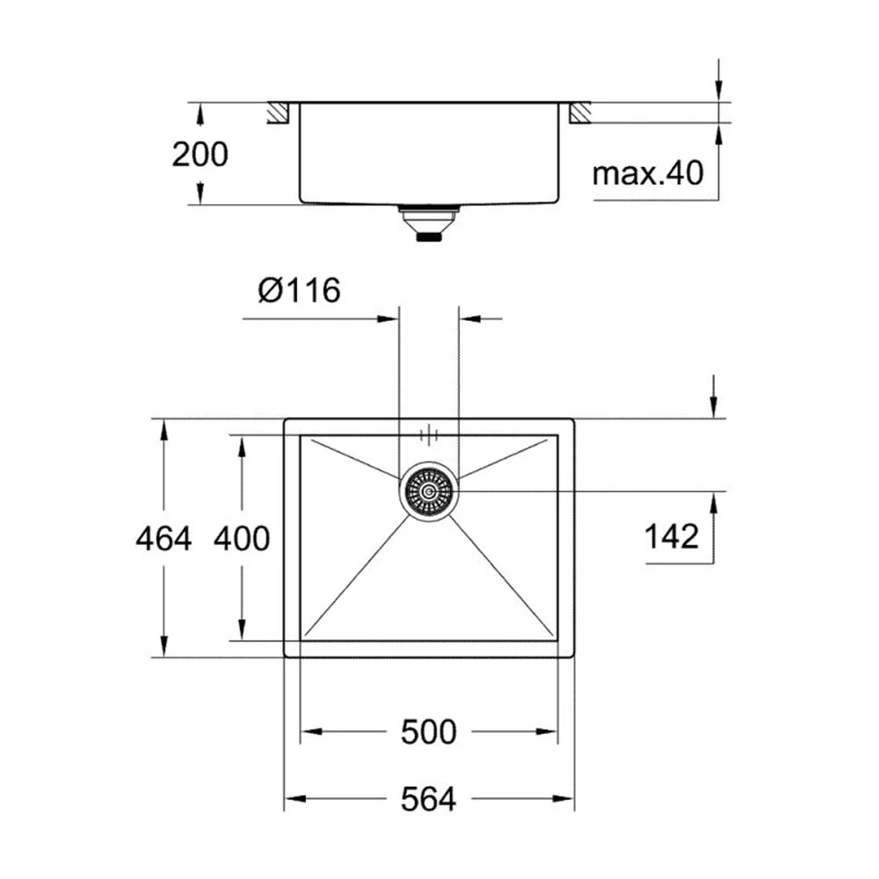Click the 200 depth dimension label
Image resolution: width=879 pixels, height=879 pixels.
coord(200,155)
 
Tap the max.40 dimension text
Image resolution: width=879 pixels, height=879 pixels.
coord(648,173)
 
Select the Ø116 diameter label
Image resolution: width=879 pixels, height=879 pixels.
coord(299,289)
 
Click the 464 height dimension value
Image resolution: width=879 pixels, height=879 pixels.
coord(163,538)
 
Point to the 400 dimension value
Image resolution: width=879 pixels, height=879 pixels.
coord(242,538)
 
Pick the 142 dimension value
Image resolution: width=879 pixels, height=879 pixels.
coord(672,535)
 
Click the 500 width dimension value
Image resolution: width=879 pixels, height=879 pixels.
coord(429,731)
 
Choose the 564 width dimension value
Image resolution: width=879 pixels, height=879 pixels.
coord(429,800)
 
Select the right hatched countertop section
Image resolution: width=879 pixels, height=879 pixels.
coord(579,113)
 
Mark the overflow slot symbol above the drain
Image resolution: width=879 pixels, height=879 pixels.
coord(428,433)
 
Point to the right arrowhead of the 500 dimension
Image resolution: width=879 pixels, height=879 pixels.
coord(548,731)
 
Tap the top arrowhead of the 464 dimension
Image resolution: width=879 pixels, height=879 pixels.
coord(163,428)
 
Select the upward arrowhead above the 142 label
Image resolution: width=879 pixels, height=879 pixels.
coord(716,500)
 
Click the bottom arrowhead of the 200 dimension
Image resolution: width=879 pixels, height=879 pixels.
coord(200,196)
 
